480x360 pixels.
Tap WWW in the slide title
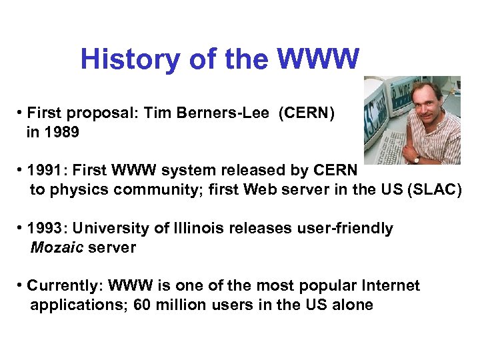tap(318, 59)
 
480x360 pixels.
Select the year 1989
tap(62, 133)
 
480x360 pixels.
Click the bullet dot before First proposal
tap(21, 114)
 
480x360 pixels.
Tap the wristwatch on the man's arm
tap(417, 159)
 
